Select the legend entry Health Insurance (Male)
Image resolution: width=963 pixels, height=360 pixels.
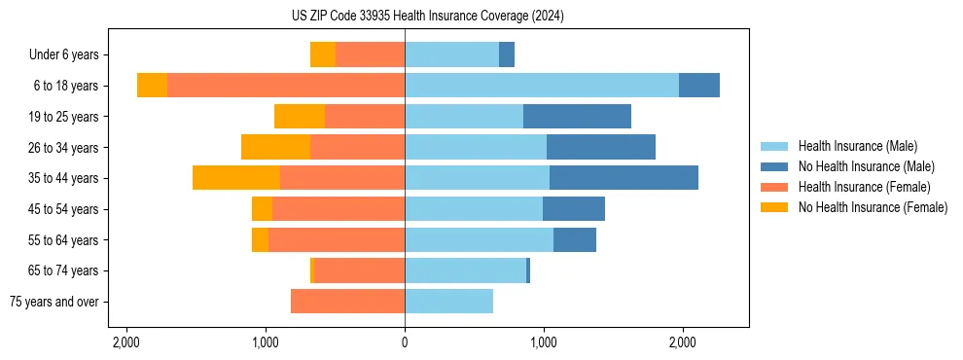pyautogui.click(x=857, y=146)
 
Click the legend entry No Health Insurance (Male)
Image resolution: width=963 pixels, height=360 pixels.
pyautogui.click(x=866, y=166)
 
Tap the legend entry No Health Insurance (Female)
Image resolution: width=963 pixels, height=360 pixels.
pyautogui.click(x=873, y=207)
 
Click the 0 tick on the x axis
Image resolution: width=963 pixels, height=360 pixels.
pyautogui.click(x=405, y=342)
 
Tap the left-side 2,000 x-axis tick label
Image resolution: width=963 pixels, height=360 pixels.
pyautogui.click(x=126, y=342)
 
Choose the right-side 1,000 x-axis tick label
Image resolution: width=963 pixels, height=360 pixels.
pyautogui.click(x=544, y=342)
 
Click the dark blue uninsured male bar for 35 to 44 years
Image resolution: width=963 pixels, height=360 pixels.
pyautogui.click(x=624, y=178)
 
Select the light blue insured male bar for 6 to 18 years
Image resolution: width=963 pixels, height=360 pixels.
pyautogui.click(x=542, y=86)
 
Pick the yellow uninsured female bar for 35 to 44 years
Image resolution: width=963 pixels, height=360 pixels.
pyautogui.click(x=236, y=178)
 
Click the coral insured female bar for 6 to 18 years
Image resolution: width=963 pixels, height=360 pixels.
pyautogui.click(x=286, y=86)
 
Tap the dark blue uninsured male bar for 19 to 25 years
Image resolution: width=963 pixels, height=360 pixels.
pyautogui.click(x=577, y=117)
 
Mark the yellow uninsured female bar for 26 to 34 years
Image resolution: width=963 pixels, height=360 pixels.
pyautogui.click(x=275, y=147)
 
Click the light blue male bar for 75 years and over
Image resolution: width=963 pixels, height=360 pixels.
pyautogui.click(x=448, y=302)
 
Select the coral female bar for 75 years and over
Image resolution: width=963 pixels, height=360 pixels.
pyautogui.click(x=347, y=302)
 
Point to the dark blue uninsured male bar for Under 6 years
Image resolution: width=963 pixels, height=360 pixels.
pyautogui.click(x=507, y=55)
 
